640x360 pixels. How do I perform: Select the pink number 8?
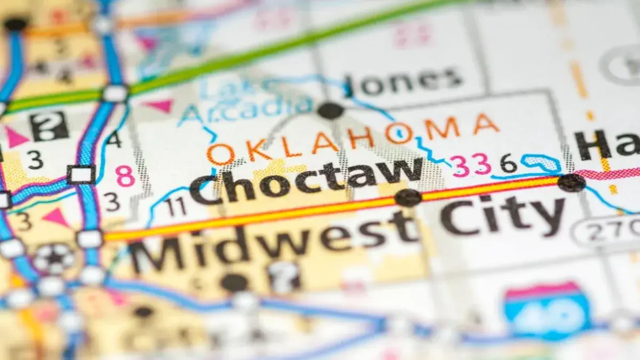[x=125, y=177]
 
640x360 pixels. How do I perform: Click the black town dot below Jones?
[x=331, y=110]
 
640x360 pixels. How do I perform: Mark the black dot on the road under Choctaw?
[x=408, y=197]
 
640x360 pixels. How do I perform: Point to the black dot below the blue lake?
[x=571, y=182]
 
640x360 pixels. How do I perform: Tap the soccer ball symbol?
[x=53, y=258]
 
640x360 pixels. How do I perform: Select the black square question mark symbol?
[x=49, y=126]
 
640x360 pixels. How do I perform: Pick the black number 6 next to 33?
[x=508, y=164]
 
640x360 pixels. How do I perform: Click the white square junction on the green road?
[x=115, y=94]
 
